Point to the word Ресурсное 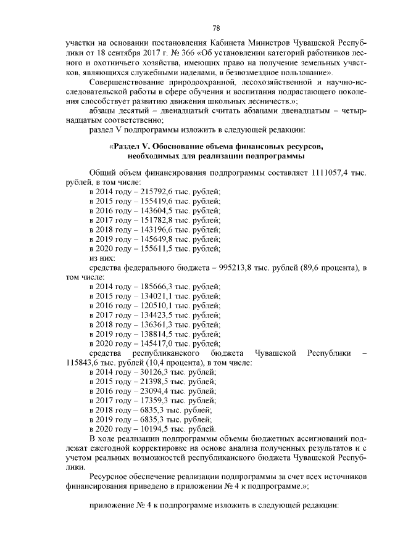coord(110,477)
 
